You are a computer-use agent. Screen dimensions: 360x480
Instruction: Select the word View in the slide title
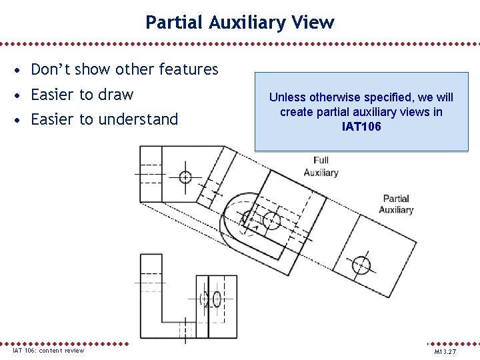(x=313, y=23)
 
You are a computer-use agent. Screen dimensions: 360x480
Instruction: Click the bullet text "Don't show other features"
(x=125, y=69)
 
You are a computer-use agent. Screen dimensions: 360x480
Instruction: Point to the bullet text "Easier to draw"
(x=82, y=95)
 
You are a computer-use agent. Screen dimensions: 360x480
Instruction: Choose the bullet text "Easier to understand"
(x=105, y=120)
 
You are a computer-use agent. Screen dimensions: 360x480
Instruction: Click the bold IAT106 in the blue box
(x=361, y=126)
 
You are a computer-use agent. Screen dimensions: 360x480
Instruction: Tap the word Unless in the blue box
(x=285, y=97)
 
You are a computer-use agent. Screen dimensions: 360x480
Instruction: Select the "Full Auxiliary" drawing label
(x=321, y=166)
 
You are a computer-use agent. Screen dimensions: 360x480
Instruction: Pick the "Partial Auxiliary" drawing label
(x=396, y=204)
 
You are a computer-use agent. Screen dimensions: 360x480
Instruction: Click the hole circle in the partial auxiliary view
(x=361, y=265)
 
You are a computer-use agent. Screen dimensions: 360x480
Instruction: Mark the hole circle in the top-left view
(x=185, y=177)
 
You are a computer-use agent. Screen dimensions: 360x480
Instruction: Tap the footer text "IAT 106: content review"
(x=49, y=351)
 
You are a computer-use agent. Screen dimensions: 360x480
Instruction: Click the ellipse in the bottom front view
(x=217, y=299)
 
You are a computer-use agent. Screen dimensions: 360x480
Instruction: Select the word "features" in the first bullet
(x=192, y=69)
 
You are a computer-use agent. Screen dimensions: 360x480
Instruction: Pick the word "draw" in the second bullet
(x=117, y=95)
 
